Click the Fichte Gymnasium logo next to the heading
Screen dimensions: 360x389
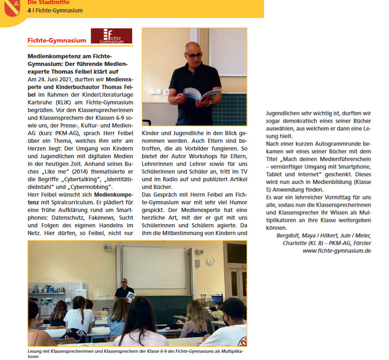coord(111,36)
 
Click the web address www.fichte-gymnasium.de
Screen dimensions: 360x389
coord(336,251)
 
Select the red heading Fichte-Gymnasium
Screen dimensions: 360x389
coord(57,40)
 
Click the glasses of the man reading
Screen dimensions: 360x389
coord(194,55)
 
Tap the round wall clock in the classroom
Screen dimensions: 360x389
coord(210,261)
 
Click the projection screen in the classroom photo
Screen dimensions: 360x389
coord(153,268)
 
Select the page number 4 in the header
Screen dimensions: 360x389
coord(29,10)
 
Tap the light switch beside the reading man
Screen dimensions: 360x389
coord(154,92)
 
